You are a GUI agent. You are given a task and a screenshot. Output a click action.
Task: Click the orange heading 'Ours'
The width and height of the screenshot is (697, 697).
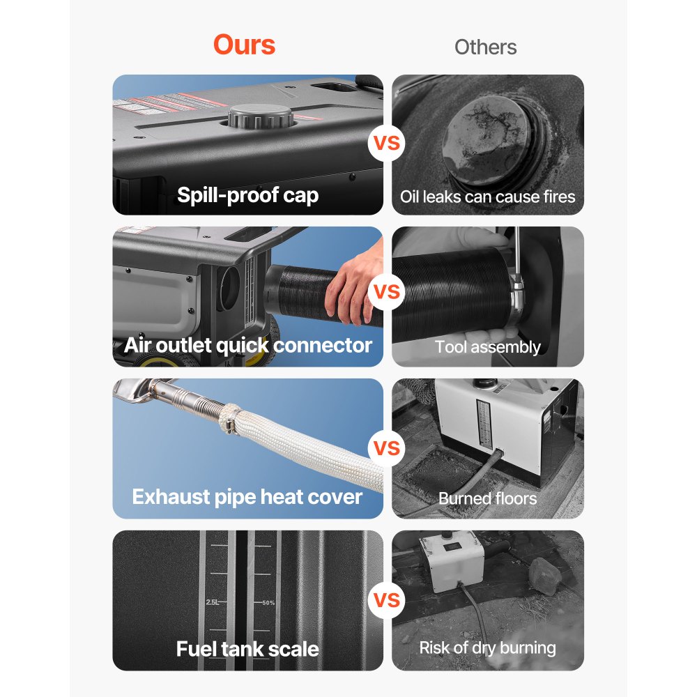244,45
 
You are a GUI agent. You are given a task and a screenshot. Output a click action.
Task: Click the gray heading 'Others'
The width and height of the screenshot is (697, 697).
485,47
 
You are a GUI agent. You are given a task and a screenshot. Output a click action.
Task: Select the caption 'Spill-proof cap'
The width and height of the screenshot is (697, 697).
247,194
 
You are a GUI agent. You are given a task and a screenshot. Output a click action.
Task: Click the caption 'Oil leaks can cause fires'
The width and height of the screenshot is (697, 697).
487,197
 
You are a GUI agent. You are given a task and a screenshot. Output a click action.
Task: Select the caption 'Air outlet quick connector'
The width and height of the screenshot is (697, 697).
247,345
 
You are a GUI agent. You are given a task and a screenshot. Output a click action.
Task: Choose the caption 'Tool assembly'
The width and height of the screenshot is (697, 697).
487,346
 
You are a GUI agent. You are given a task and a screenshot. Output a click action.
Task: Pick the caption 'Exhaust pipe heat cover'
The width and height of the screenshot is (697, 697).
247,497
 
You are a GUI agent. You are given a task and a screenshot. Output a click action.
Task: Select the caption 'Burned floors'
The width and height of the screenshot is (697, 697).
487,498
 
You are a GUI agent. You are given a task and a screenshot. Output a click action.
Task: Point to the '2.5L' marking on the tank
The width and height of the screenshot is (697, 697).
213,602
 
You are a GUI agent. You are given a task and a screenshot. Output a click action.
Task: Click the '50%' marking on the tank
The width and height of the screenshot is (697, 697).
268,602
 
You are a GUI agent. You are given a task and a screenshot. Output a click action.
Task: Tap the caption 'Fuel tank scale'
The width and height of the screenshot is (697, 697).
247,649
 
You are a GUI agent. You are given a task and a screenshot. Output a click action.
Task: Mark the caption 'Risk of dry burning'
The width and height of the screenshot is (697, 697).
487,648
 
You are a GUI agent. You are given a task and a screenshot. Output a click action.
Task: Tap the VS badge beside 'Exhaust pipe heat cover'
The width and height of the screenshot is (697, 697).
388,448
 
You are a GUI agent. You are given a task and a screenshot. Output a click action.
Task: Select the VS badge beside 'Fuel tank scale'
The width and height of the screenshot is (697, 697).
388,600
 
